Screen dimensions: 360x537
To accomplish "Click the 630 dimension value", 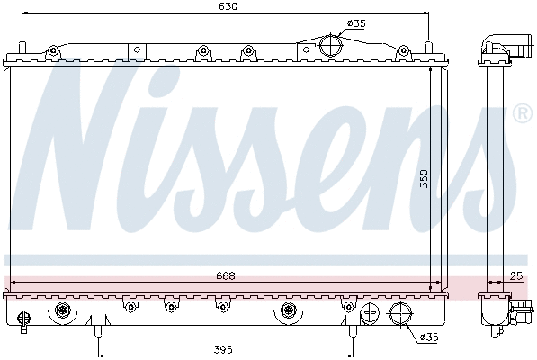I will tap(228, 6).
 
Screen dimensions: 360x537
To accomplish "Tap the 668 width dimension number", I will tap(226, 275).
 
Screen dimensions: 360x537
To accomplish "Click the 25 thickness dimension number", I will tap(515, 275).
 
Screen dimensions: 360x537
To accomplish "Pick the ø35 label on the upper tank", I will tap(356, 23).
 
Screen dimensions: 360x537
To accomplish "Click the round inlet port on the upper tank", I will tap(331, 45).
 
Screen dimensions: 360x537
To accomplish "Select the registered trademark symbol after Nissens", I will tap(521, 115).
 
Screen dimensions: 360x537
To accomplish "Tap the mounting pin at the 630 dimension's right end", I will tap(429, 47).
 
